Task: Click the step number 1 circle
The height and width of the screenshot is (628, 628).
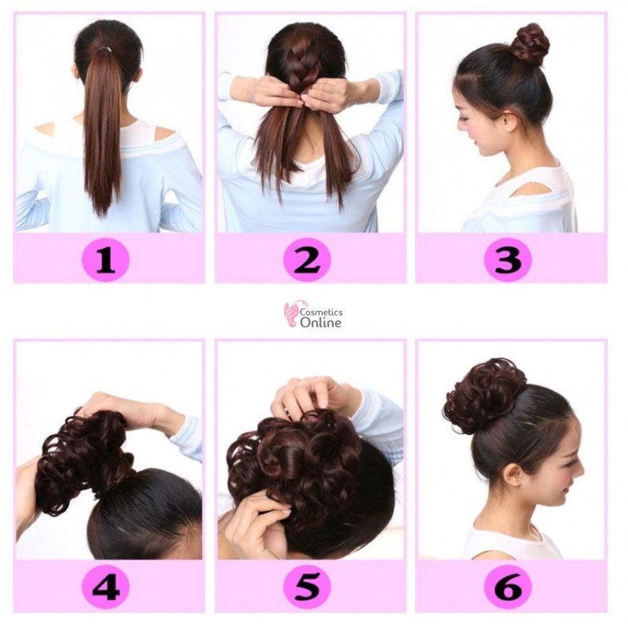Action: click(106, 258)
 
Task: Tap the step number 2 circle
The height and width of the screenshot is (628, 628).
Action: click(307, 258)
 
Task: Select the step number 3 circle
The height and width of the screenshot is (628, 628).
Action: click(508, 258)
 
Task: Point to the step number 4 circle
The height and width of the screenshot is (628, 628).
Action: click(106, 587)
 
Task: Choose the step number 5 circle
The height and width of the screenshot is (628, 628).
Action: click(307, 587)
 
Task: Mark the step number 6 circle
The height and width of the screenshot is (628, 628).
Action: click(508, 587)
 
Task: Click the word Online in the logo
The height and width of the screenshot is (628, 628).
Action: click(320, 323)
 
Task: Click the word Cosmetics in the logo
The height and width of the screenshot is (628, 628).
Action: click(321, 312)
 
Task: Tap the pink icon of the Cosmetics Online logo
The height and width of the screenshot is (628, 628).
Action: click(291, 315)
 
